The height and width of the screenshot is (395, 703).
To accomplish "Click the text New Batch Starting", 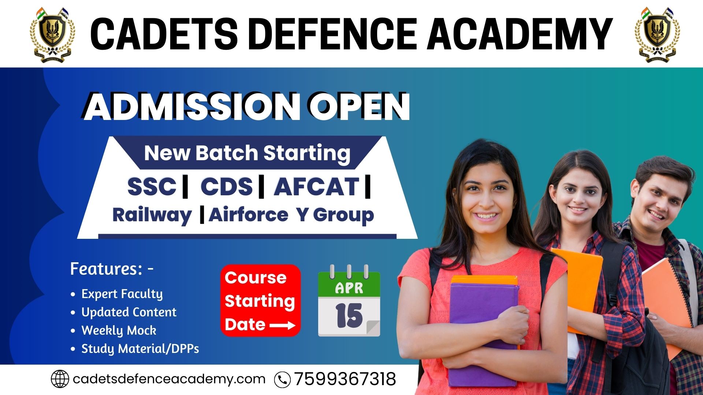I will (x=247, y=153).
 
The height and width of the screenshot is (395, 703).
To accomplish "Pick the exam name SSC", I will (x=152, y=187).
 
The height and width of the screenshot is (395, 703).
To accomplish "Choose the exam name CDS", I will (x=227, y=187).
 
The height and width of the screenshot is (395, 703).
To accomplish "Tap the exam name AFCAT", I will (x=317, y=187).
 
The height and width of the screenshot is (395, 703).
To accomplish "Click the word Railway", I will (x=152, y=215).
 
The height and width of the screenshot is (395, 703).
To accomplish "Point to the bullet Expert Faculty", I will (x=122, y=294).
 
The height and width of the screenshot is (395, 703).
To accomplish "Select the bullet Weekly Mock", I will (x=119, y=331).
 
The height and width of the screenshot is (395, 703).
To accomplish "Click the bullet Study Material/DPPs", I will (x=140, y=349).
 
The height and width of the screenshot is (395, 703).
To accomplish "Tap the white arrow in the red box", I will (x=282, y=325).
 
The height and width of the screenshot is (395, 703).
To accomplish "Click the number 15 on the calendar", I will (x=349, y=316).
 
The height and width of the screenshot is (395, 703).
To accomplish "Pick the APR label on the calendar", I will (x=349, y=288).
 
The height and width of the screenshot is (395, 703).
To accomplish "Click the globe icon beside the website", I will (x=60, y=379).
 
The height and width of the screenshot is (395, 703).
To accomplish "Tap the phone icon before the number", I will (x=282, y=380).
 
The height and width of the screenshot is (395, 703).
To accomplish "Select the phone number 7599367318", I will (x=345, y=379).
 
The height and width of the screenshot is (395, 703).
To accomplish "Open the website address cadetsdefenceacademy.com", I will (x=169, y=379).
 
